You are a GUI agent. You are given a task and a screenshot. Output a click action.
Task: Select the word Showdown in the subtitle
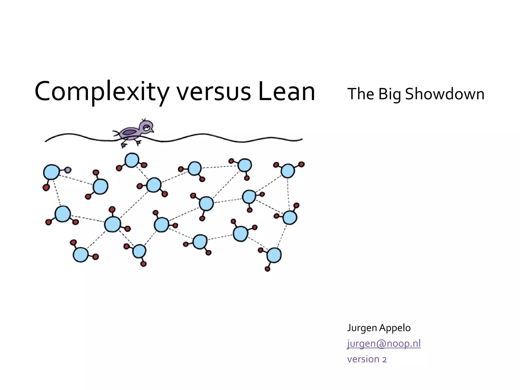pos(445,94)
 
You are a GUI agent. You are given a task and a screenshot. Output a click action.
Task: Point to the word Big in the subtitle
pos(389,94)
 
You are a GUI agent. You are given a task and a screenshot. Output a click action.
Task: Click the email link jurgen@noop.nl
pos(384,343)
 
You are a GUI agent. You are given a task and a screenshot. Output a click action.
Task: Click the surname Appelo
pos(395,328)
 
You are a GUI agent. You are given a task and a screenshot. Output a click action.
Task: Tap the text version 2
pos(367,359)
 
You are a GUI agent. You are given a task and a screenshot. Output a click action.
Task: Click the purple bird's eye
pos(147,127)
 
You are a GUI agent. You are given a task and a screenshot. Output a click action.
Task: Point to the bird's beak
pos(152,131)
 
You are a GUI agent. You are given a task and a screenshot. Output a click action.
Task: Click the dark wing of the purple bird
pos(130,132)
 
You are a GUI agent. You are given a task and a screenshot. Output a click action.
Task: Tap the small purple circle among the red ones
pos(68,170)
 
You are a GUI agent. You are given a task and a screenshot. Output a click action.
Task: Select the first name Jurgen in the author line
pos(362,328)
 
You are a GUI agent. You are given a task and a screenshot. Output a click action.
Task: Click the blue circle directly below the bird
pos(132,160)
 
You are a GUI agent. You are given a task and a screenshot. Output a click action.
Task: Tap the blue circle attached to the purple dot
pos(52,172)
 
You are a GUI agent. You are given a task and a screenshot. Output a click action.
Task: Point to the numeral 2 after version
pos(384,360)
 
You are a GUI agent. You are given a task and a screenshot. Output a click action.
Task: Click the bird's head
pos(146,126)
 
